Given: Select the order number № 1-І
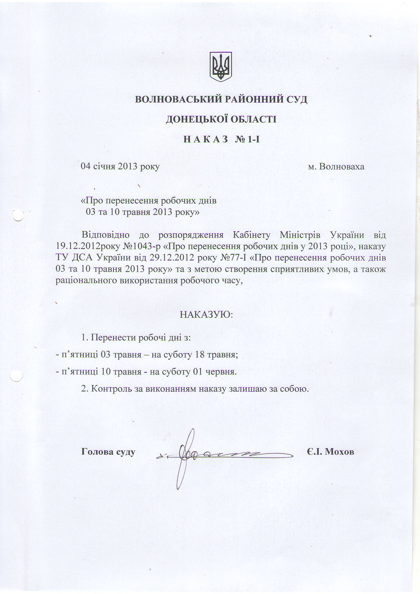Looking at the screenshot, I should pyautogui.click(x=247, y=139).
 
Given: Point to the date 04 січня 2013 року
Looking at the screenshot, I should pyautogui.click(x=120, y=166).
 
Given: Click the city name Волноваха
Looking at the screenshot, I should pyautogui.click(x=341, y=166).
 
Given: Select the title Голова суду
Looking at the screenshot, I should pyautogui.click(x=108, y=451).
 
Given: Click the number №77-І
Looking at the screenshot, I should pyautogui.click(x=235, y=258).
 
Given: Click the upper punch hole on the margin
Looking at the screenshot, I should pyautogui.click(x=18, y=215).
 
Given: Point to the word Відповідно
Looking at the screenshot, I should pyautogui.click(x=106, y=235).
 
